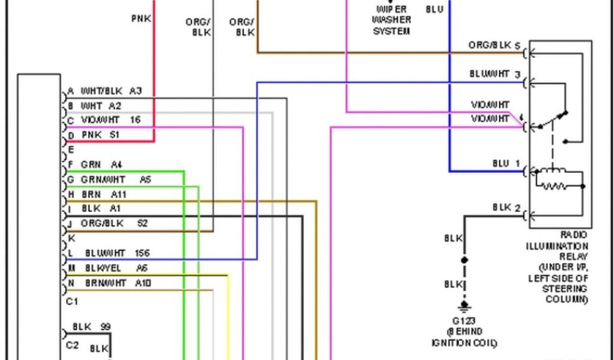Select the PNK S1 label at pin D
101,135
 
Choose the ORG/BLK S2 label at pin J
114,223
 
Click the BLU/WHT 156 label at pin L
117,253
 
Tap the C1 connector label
72,300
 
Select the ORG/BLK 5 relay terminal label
495,46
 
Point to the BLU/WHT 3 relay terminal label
495,74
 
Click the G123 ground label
465,322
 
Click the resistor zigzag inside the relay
554,186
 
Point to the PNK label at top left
142,19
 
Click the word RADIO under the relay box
575,236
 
